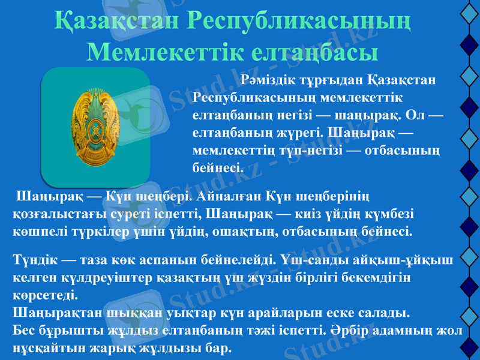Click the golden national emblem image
(95, 127)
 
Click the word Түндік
(35, 261)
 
